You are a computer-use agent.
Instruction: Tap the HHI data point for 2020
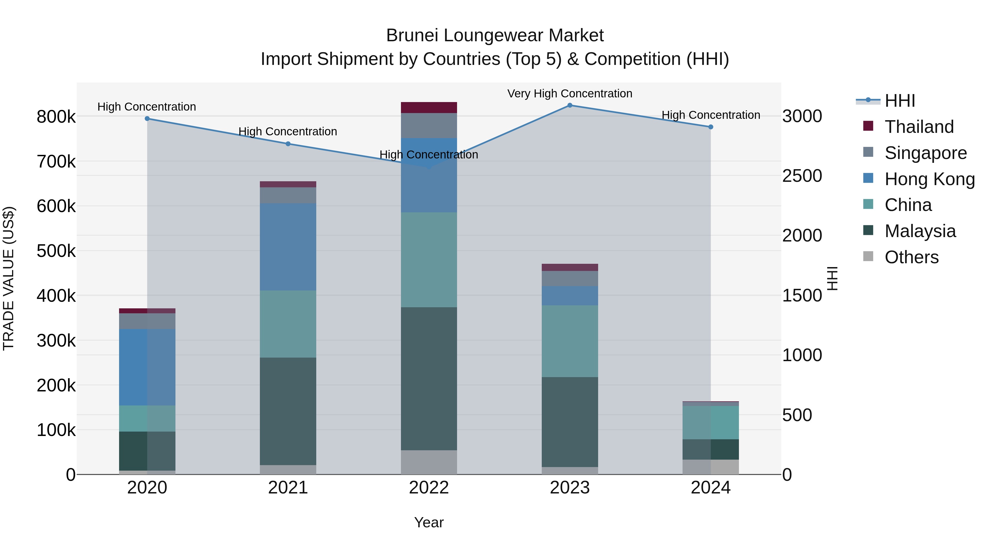[147, 119]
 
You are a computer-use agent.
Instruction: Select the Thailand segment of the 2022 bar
[429, 108]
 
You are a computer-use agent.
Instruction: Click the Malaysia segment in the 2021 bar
[288, 411]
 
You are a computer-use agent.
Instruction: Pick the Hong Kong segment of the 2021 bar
[288, 247]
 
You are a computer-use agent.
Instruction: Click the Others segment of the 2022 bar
[429, 462]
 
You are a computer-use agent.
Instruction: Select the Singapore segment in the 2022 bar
[429, 126]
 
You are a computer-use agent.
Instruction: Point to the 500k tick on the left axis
[56, 251]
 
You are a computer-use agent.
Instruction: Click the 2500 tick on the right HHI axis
[802, 176]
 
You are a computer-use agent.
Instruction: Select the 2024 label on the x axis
[710, 488]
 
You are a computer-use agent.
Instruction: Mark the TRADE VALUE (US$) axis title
[9, 278]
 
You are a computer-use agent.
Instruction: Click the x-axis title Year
[429, 522]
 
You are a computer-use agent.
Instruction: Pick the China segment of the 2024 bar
[710, 422]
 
